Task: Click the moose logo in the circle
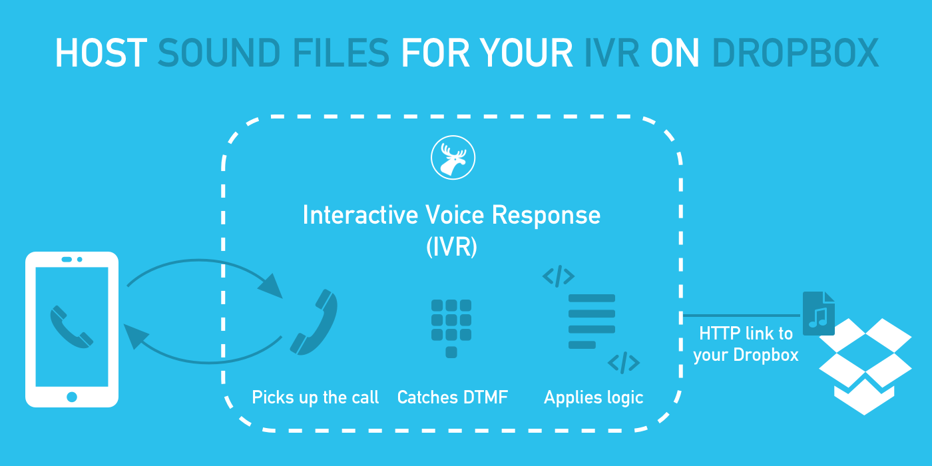click(x=453, y=158)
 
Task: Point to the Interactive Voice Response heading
click(x=451, y=215)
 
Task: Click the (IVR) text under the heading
click(x=451, y=247)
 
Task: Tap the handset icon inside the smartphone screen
click(x=71, y=326)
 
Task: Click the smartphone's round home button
click(x=72, y=397)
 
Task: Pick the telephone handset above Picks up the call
click(x=314, y=322)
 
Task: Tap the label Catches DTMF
click(x=452, y=397)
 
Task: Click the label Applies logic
click(x=593, y=397)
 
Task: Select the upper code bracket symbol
click(x=558, y=276)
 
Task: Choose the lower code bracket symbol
click(x=624, y=363)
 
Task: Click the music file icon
click(x=818, y=314)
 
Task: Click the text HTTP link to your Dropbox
click(x=746, y=344)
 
